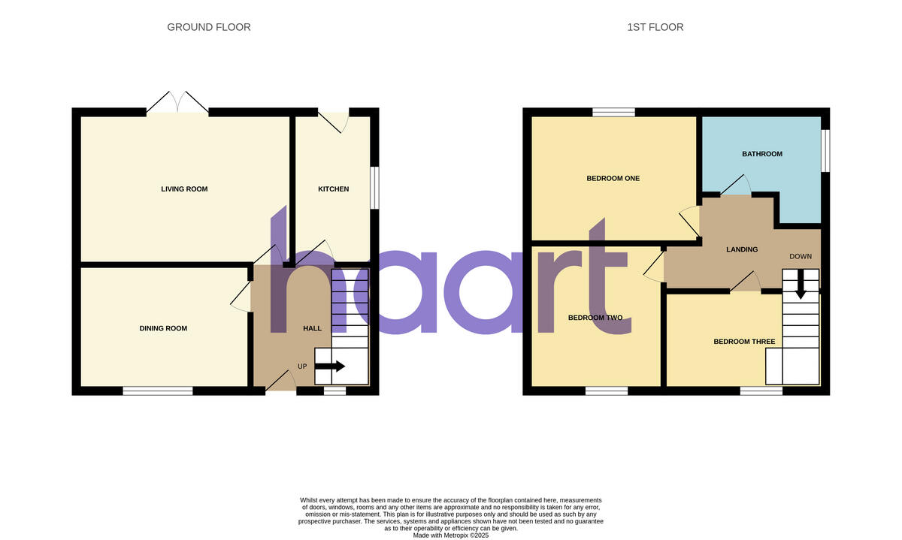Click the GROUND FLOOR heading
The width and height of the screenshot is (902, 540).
pyautogui.click(x=209, y=27)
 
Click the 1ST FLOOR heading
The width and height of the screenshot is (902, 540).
pyautogui.click(x=655, y=27)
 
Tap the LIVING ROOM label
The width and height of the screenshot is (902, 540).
pyautogui.click(x=184, y=189)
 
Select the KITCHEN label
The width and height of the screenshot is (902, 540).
pyautogui.click(x=333, y=189)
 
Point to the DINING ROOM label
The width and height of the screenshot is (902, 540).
pyautogui.click(x=163, y=328)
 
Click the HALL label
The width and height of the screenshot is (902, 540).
pyautogui.click(x=312, y=328)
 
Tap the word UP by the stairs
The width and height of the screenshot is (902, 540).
pyautogui.click(x=303, y=367)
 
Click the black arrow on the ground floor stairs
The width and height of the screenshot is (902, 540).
pyautogui.click(x=330, y=367)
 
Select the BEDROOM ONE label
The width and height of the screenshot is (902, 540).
pyautogui.click(x=613, y=179)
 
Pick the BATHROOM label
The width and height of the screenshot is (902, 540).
pyautogui.click(x=762, y=154)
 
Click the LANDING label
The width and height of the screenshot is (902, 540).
pyautogui.click(x=742, y=249)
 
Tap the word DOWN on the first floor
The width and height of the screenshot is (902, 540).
pyautogui.click(x=801, y=256)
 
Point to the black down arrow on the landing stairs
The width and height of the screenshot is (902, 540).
pyautogui.click(x=801, y=285)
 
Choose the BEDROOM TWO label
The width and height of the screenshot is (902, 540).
pyautogui.click(x=595, y=318)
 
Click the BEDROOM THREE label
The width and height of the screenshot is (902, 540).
pyautogui.click(x=744, y=342)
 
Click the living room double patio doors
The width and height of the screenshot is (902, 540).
pyautogui.click(x=177, y=104)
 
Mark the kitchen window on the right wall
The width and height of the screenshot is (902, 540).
pyautogui.click(x=374, y=188)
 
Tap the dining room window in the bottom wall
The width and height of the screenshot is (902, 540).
pyautogui.click(x=158, y=391)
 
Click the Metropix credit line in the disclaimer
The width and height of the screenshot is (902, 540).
pyautogui.click(x=451, y=535)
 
